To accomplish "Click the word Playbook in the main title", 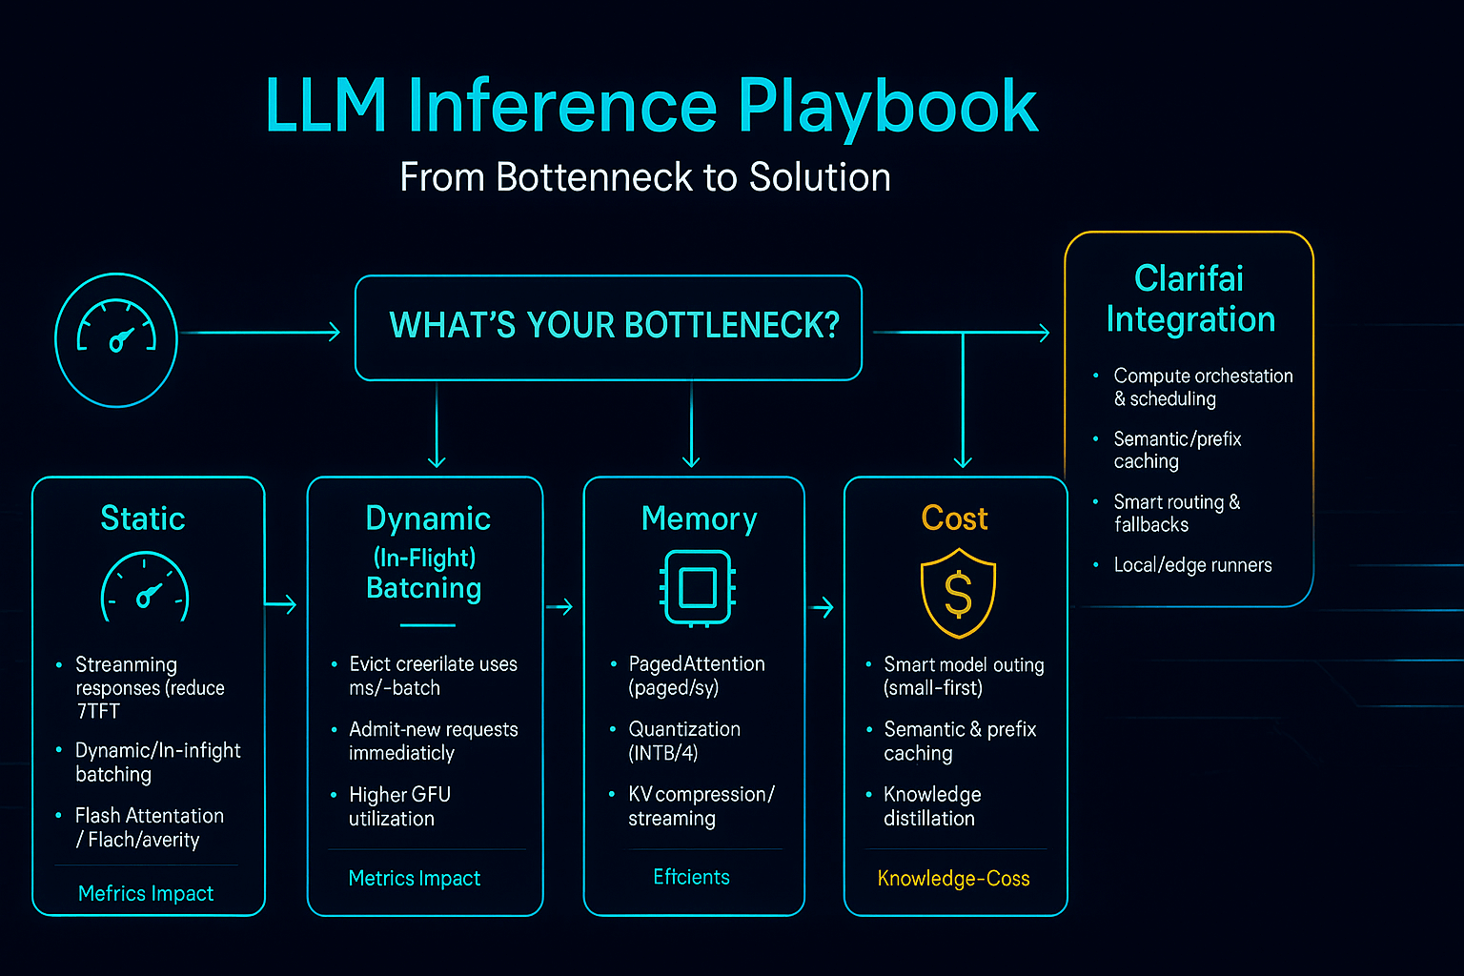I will pyautogui.click(x=886, y=107).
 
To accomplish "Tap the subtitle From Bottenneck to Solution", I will pyautogui.click(x=645, y=177).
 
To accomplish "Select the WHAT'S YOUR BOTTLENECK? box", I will pyautogui.click(x=608, y=327).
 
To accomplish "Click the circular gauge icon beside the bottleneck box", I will pyautogui.click(x=116, y=339).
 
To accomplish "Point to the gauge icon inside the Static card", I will pyautogui.click(x=145, y=588).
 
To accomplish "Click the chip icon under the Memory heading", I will pyautogui.click(x=698, y=588).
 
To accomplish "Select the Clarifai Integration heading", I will pyautogui.click(x=1189, y=298).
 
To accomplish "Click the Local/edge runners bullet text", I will pyautogui.click(x=1192, y=565).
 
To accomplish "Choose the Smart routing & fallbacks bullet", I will pyautogui.click(x=1176, y=513).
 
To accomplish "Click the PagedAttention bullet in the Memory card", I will pyautogui.click(x=696, y=675).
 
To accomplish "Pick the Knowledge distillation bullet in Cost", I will pyautogui.click(x=931, y=806).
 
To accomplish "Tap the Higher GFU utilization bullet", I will pyautogui.click(x=398, y=806).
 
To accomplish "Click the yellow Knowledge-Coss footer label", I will pyautogui.click(x=953, y=879).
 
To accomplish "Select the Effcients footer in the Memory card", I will pyautogui.click(x=691, y=877).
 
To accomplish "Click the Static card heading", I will pyautogui.click(x=143, y=518).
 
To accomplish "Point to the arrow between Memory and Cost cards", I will pyautogui.click(x=822, y=607).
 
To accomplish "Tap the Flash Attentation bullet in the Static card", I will pyautogui.click(x=149, y=827).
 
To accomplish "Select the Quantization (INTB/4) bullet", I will pyautogui.click(x=683, y=741).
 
